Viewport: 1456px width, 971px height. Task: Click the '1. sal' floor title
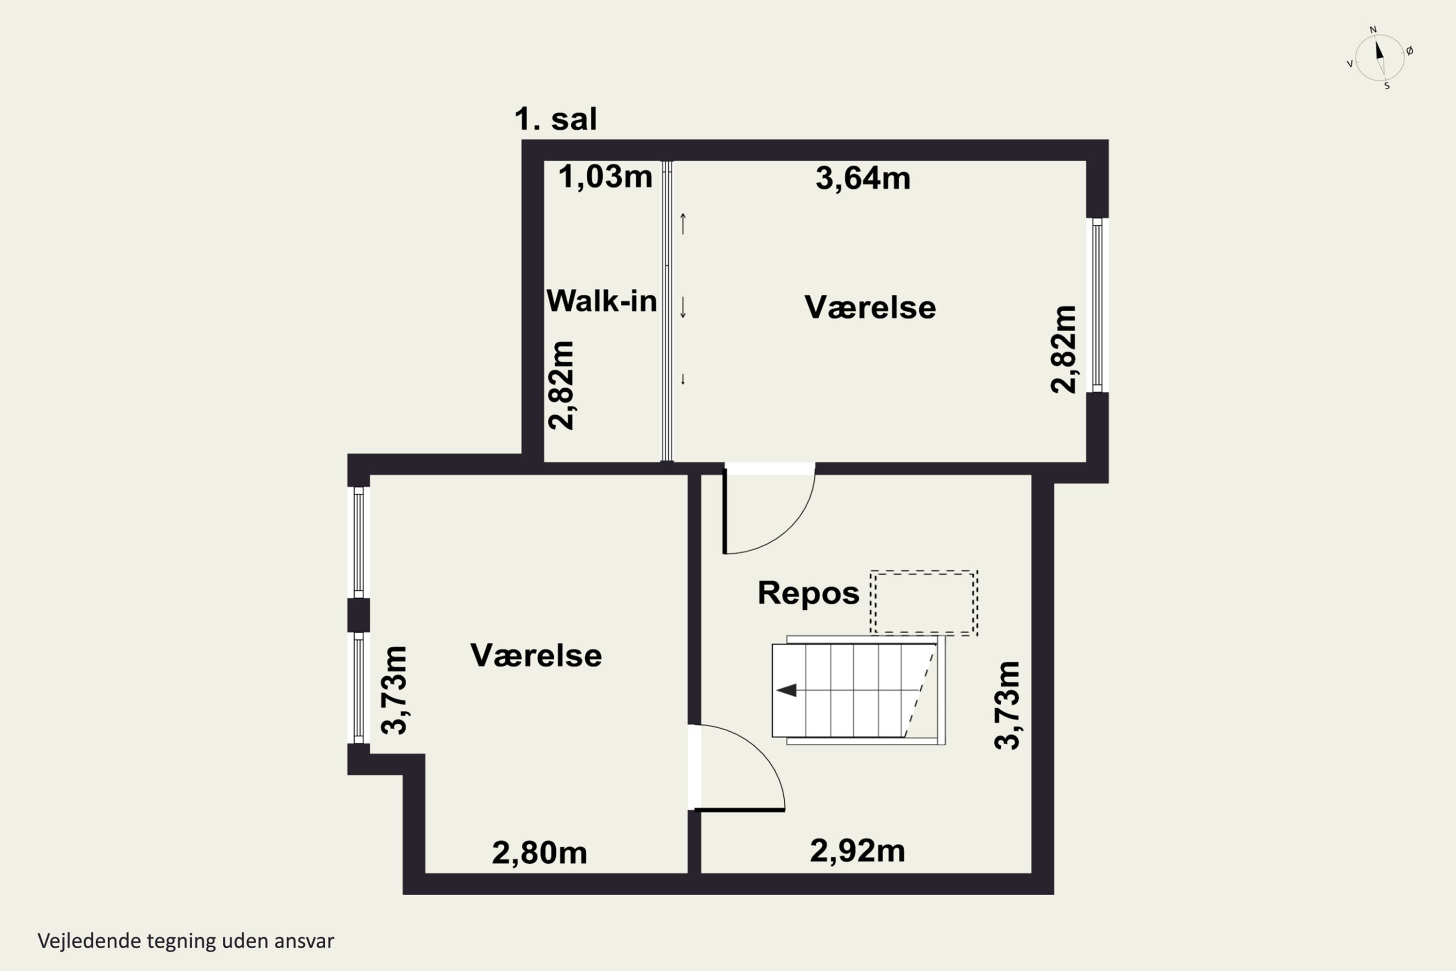pyautogui.click(x=555, y=119)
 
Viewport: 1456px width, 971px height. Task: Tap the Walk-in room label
pyautogui.click(x=601, y=301)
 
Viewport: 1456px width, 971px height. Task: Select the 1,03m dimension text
pyautogui.click(x=605, y=177)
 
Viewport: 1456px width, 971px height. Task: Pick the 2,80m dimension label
pyautogui.click(x=539, y=854)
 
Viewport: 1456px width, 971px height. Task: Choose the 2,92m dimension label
pyautogui.click(x=858, y=852)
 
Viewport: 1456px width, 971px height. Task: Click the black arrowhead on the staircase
pyautogui.click(x=786, y=690)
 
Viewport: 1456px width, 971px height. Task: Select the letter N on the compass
pyautogui.click(x=1373, y=30)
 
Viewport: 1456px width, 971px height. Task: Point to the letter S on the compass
pyautogui.click(x=1387, y=86)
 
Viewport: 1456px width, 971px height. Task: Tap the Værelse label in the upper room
pyautogui.click(x=870, y=308)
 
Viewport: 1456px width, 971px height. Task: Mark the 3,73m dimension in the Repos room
pyautogui.click(x=1007, y=705)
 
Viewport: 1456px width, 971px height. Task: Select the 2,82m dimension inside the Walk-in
pyautogui.click(x=562, y=385)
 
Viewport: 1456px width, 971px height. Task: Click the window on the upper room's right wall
pyautogui.click(x=1097, y=305)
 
